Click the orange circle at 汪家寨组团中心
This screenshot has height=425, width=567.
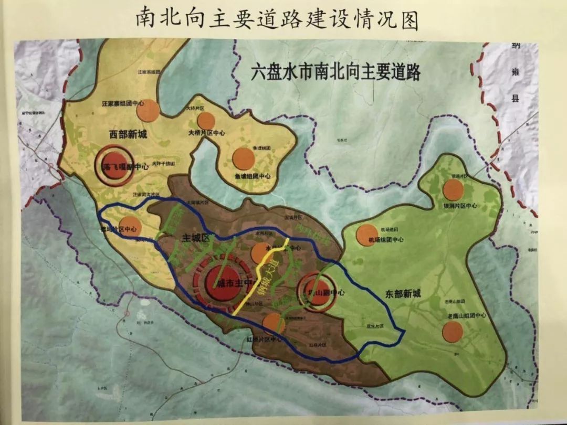point(148,111)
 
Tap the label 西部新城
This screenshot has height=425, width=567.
point(128,134)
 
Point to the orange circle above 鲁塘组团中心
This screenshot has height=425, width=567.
point(244,158)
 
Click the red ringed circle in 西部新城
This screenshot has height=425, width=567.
point(114,166)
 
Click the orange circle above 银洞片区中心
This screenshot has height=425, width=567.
point(453,189)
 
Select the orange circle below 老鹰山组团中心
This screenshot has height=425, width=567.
point(453,331)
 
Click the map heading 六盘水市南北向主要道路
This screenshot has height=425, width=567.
point(335,72)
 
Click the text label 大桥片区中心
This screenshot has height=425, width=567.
point(206,133)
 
